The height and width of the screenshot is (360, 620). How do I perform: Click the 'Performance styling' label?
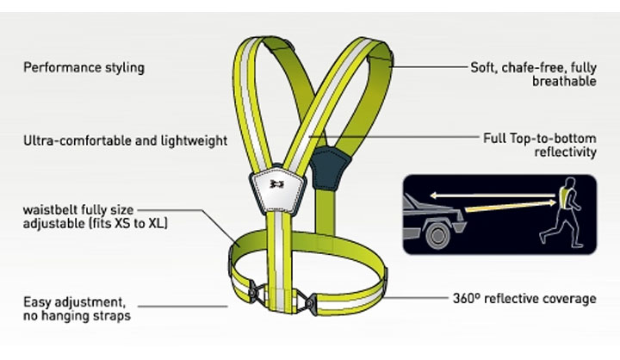[84, 68]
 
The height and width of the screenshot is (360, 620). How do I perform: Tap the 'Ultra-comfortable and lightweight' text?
[126, 141]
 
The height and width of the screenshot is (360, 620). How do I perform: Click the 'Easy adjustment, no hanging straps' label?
[77, 309]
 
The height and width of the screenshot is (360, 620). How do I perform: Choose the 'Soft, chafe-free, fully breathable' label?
[533, 74]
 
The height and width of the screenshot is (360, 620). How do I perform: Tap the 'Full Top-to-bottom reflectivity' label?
[540, 146]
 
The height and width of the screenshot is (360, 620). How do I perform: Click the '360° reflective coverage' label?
[524, 298]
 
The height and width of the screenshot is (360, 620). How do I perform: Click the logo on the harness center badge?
[277, 183]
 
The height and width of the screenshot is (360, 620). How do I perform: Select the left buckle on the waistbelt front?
[253, 293]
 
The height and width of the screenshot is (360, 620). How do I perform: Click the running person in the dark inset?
[562, 213]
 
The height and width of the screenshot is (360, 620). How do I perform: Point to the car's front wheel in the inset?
[437, 236]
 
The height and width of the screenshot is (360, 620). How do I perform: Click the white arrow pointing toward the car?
[493, 195]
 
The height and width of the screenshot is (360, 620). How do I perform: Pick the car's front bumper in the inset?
[460, 227]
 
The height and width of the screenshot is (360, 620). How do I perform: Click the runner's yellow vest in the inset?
[566, 197]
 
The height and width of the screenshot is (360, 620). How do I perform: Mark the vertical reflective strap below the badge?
[280, 261]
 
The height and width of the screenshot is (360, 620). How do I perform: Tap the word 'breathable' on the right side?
[564, 82]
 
